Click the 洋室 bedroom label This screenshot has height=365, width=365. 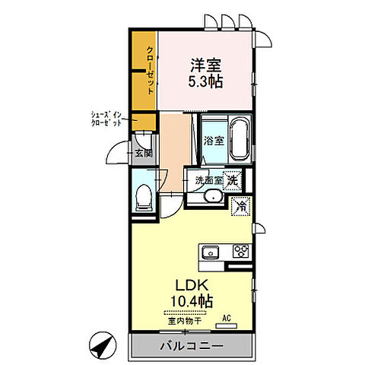tap(206, 65)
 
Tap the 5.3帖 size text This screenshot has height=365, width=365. tap(205, 81)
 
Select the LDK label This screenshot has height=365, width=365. tap(192, 285)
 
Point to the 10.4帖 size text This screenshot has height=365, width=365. tap(192, 301)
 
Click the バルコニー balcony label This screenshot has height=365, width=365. tap(192, 346)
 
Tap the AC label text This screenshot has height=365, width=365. tap(227, 319)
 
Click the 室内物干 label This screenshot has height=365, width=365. tap(185, 321)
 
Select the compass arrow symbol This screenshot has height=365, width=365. tap(103, 345)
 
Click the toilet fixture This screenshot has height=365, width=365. tap(144, 198)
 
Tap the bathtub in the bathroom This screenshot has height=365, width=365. tap(240, 139)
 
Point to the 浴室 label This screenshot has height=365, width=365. tap(214, 141)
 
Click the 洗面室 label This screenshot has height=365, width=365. tap(209, 180)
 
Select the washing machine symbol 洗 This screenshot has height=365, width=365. tap(232, 180)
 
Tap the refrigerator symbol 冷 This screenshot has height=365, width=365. tap(241, 206)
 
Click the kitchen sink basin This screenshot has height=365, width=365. tap(211, 252)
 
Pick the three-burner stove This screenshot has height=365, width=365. tap(241, 251)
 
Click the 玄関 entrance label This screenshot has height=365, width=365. tap(144, 153)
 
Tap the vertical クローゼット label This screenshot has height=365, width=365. tap(151, 70)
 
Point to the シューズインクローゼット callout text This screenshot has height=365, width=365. tap(106, 119)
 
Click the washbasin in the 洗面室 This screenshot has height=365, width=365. tap(214, 195)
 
